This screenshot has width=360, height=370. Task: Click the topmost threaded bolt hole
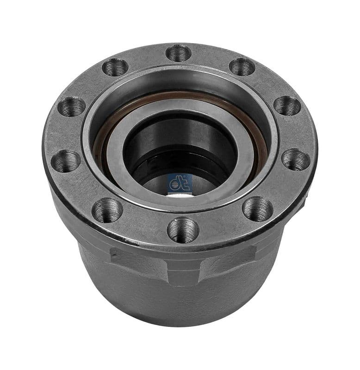pyautogui.click(x=178, y=53)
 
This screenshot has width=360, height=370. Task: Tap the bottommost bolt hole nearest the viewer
pyautogui.click(x=183, y=229)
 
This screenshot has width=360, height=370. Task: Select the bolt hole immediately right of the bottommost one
pyautogui.click(x=257, y=209)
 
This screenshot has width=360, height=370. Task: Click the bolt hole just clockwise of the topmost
pyautogui.click(x=242, y=67)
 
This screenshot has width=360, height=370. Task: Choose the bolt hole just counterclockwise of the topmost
pyautogui.click(x=115, y=68)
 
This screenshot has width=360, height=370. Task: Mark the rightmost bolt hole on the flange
pyautogui.click(x=295, y=160)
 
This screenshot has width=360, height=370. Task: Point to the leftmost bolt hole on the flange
pyautogui.click(x=65, y=161)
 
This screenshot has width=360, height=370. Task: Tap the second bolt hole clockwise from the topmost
pyautogui.click(x=287, y=105)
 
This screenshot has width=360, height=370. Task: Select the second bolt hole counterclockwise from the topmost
pyautogui.click(x=72, y=107)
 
